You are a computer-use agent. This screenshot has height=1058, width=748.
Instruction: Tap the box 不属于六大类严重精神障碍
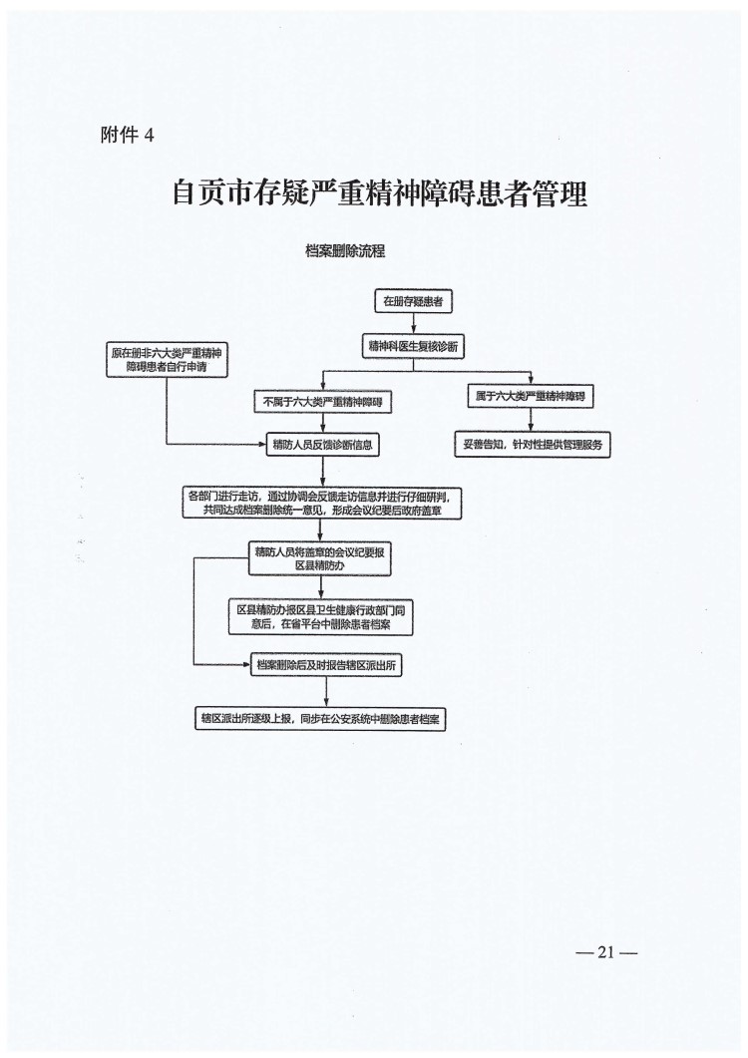tap(323, 402)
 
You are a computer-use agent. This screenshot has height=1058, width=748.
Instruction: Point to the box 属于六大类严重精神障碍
tap(530, 397)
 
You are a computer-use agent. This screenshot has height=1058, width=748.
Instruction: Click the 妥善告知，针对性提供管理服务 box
tap(532, 445)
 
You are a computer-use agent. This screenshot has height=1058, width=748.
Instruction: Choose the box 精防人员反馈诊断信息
tap(322, 445)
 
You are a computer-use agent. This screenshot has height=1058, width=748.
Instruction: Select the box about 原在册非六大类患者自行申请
tap(166, 359)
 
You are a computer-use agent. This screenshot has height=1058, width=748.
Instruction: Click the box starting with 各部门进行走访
tap(324, 503)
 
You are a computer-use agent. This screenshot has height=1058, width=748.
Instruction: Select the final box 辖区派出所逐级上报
tap(320, 717)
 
